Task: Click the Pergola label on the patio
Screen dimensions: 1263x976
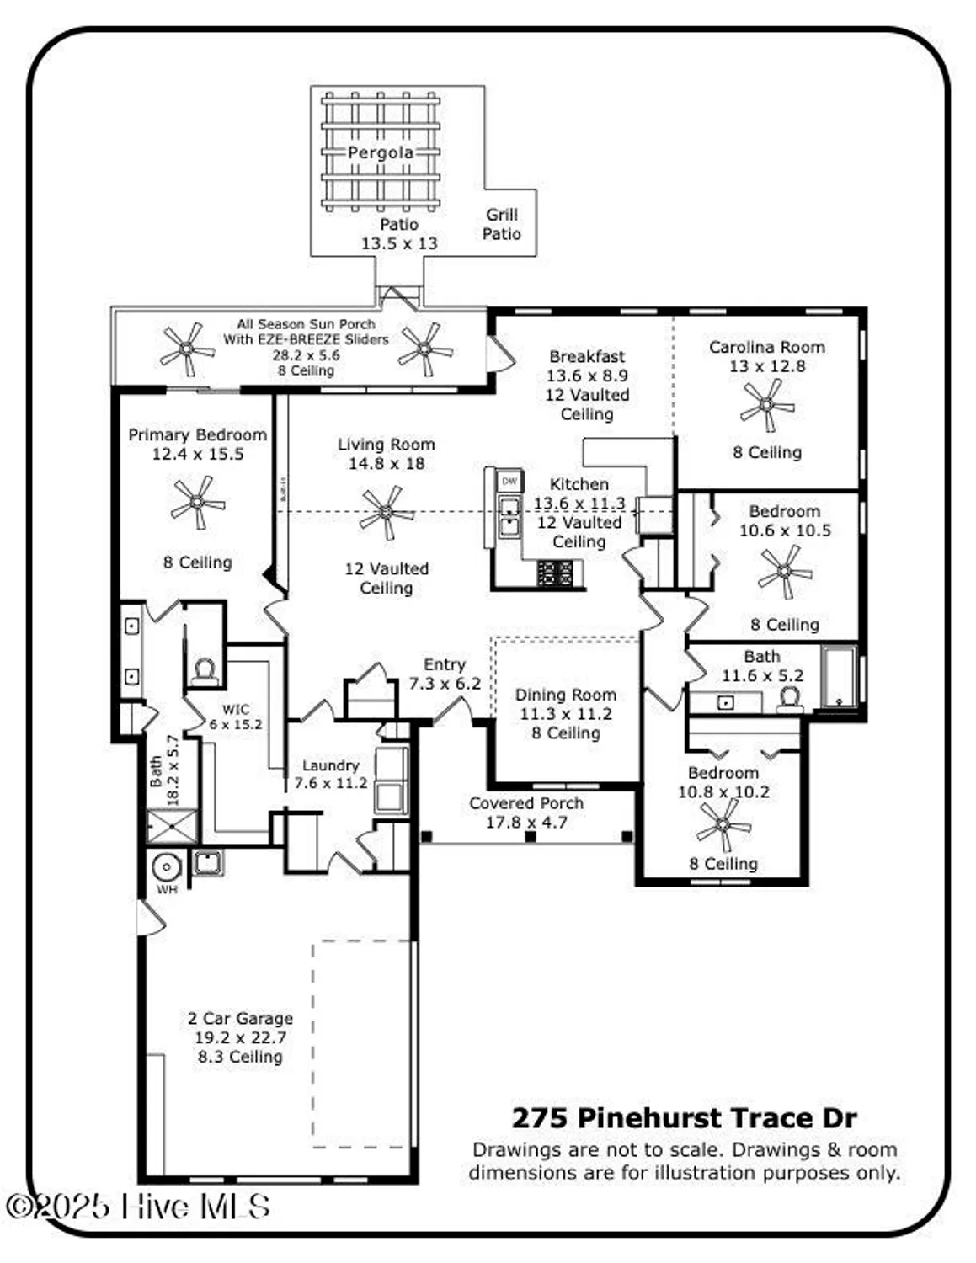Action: pyautogui.click(x=381, y=153)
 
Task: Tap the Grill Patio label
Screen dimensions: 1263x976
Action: pyautogui.click(x=502, y=224)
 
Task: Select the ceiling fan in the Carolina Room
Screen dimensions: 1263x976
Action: pyautogui.click(x=766, y=404)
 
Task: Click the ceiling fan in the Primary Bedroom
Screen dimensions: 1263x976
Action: pyautogui.click(x=197, y=503)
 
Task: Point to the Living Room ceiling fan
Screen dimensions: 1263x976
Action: pyautogui.click(x=387, y=512)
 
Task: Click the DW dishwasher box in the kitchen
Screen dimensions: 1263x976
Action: pyautogui.click(x=509, y=482)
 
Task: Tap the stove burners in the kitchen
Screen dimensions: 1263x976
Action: pyautogui.click(x=556, y=573)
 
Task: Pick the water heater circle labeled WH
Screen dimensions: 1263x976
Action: pyautogui.click(x=167, y=866)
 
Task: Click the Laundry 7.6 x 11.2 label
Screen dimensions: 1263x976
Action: pyautogui.click(x=331, y=774)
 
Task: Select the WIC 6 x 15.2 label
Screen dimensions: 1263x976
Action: pyautogui.click(x=236, y=717)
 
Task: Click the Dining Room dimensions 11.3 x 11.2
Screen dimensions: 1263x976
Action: pyautogui.click(x=566, y=714)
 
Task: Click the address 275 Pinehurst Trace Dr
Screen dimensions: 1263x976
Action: pyautogui.click(x=684, y=1118)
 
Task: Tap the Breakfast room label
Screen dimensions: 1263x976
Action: pyautogui.click(x=587, y=356)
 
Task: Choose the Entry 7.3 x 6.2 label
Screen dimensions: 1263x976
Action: pyautogui.click(x=445, y=674)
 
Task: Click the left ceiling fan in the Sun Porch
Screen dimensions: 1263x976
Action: pyautogui.click(x=186, y=348)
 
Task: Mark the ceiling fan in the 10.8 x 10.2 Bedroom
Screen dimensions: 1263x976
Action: pyautogui.click(x=723, y=824)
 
